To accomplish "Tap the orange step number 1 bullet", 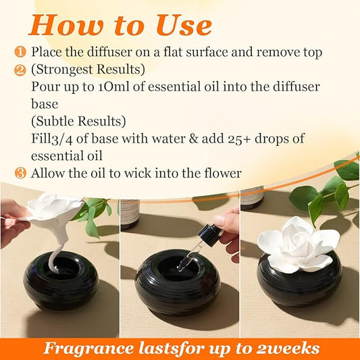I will [21, 52].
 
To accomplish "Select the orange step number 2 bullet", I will [21, 69].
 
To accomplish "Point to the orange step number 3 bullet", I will [21, 174].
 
